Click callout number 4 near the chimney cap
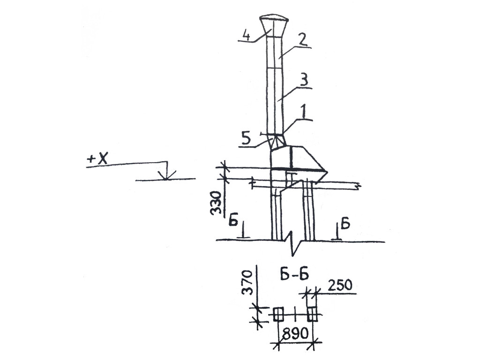coord(246,35)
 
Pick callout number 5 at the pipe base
coord(246,139)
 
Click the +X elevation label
coord(97,159)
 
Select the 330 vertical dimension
coord(216,203)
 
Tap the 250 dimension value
coord(340,285)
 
